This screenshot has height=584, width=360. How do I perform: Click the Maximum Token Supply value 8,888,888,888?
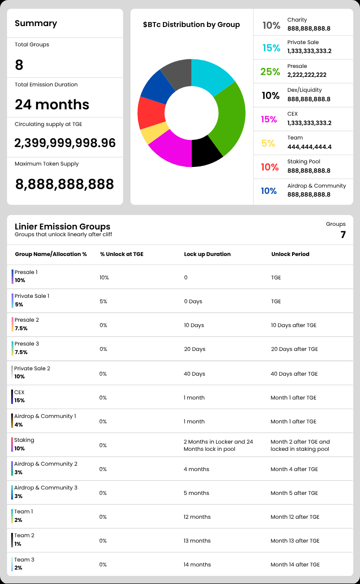(64, 184)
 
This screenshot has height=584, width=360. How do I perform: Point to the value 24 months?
(52, 104)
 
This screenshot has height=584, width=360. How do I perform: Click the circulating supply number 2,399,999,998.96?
(65, 143)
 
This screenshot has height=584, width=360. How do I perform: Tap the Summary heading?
(36, 23)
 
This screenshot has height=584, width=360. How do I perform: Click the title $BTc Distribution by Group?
(191, 25)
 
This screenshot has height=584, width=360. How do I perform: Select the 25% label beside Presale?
(270, 72)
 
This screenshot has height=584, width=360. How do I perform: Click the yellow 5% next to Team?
(268, 143)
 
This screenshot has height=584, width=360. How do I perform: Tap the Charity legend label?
(297, 20)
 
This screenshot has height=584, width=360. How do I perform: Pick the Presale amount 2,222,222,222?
(307, 75)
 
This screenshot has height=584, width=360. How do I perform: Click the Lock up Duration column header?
(207, 254)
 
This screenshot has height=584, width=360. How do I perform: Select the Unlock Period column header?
(290, 254)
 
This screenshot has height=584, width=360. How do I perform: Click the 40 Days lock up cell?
(194, 374)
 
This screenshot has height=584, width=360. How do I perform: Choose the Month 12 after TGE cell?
(295, 517)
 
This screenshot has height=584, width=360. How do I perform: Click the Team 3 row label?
(24, 560)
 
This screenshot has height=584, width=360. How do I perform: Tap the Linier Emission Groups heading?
(63, 226)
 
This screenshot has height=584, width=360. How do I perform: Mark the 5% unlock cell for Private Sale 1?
(103, 301)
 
